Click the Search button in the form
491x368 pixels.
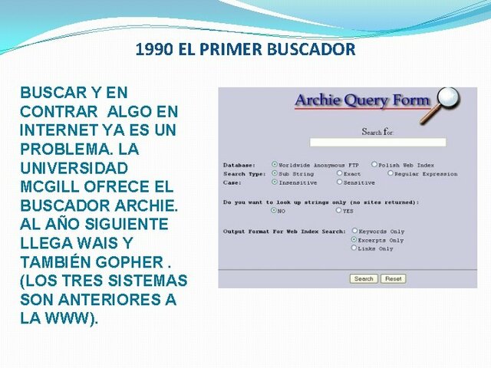coord(364,279)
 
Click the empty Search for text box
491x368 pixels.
coord(377,143)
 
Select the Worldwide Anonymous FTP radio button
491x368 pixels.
coord(275,165)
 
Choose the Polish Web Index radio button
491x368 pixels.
coord(374,165)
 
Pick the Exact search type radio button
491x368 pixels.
coord(338,174)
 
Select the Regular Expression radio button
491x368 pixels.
coord(390,174)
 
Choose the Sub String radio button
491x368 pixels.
coord(275,174)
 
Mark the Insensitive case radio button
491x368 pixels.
coord(275,182)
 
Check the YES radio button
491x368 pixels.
coord(338,210)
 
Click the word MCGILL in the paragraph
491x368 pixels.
coord(49,187)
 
